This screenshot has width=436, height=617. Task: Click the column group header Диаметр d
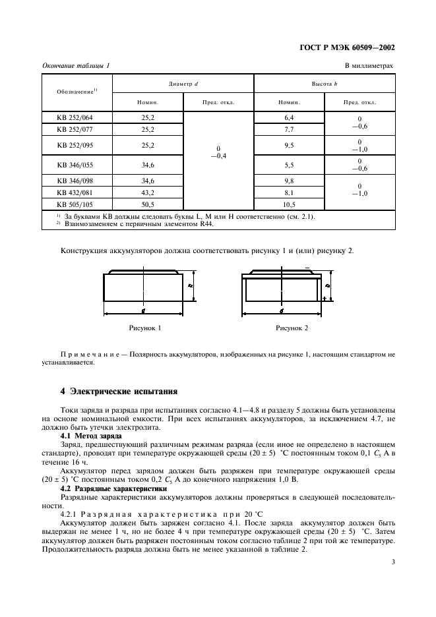[183, 84]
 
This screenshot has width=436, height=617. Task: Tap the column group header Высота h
[325, 84]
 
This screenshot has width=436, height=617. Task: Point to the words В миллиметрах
[369, 65]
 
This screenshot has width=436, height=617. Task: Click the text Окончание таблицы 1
[77, 65]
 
